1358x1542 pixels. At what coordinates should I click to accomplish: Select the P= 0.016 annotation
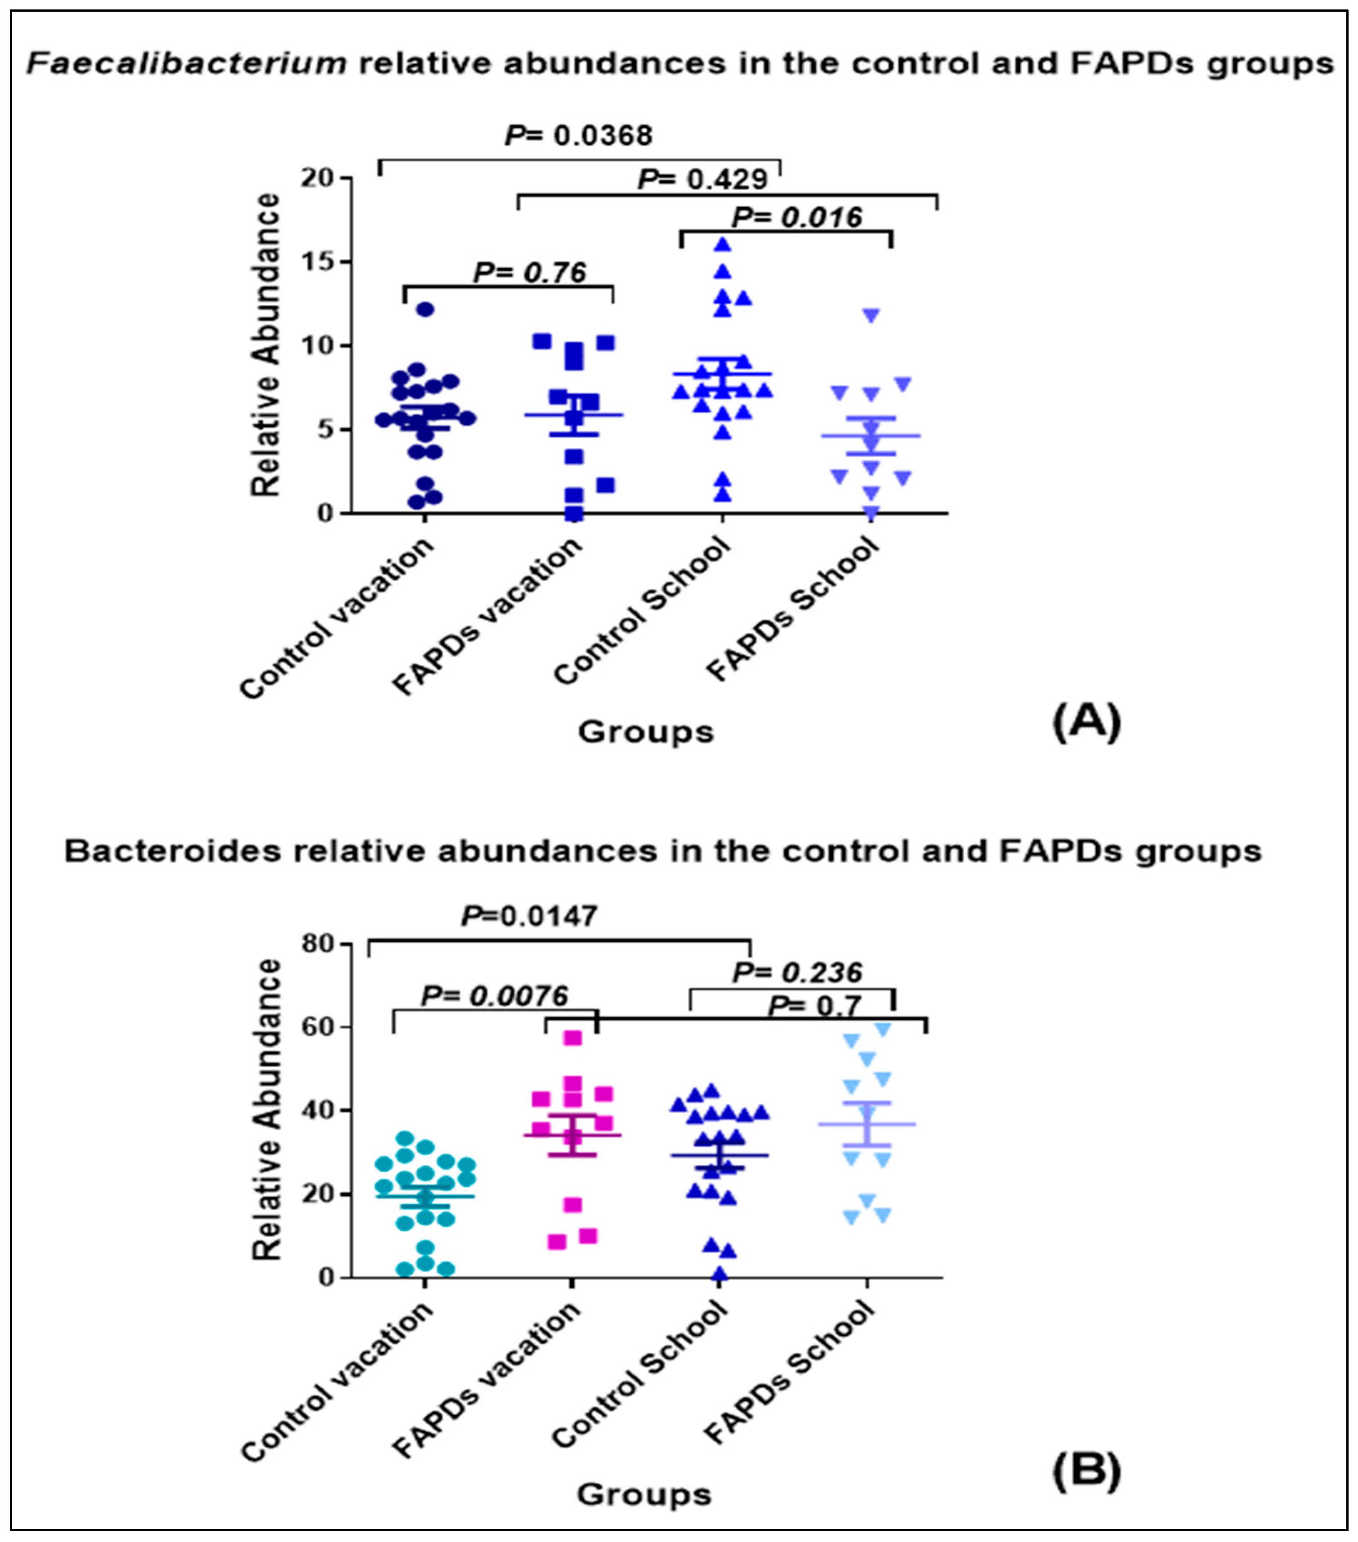(797, 217)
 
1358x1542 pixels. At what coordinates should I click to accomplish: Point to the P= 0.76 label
(530, 272)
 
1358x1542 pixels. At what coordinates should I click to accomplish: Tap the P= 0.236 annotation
(797, 972)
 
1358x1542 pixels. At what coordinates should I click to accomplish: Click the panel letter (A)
(1086, 721)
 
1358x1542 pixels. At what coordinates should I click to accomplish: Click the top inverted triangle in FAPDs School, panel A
(871, 315)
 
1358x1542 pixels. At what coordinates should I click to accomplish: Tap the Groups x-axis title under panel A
(646, 732)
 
